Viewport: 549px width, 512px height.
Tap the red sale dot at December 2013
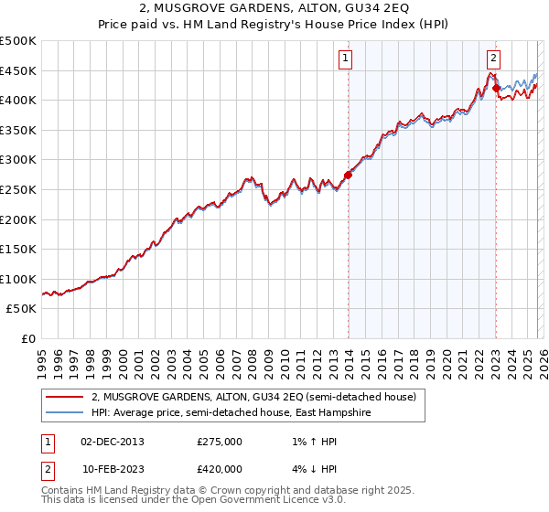(x=348, y=175)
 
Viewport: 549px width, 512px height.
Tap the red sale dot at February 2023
(x=496, y=88)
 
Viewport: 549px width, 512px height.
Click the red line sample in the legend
(x=65, y=397)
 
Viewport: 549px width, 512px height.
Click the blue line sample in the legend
(x=65, y=413)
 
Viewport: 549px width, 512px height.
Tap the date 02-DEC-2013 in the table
(x=113, y=442)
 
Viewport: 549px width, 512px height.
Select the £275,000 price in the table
(x=220, y=442)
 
